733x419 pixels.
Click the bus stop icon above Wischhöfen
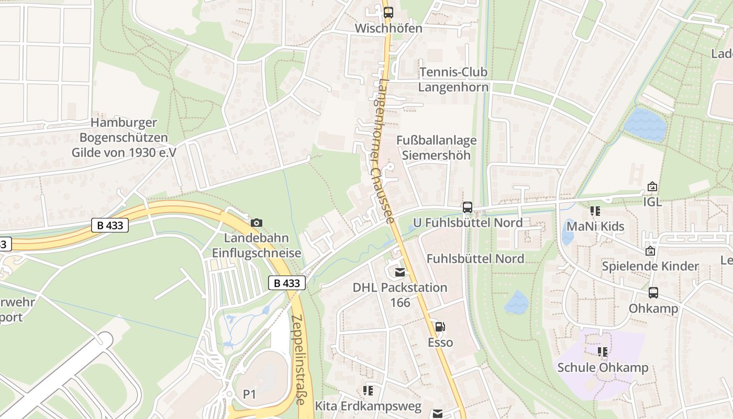pyautogui.click(x=388, y=13)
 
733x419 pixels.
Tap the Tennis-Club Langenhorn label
pyautogui.click(x=453, y=80)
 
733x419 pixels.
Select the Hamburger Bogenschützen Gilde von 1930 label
pyautogui.click(x=124, y=138)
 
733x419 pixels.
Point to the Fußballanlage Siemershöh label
pyautogui.click(x=436, y=148)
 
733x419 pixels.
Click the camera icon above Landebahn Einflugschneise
pyautogui.click(x=256, y=223)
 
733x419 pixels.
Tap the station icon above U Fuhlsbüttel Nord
pyautogui.click(x=467, y=207)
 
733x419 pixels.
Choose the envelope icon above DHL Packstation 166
pyautogui.click(x=400, y=272)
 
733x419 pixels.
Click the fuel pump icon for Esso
pyautogui.click(x=440, y=327)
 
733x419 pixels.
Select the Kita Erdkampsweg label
pyautogui.click(x=368, y=406)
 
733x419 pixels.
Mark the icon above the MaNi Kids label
pyautogui.click(x=595, y=211)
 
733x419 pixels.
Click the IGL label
pyautogui.click(x=652, y=202)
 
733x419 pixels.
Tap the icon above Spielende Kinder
pyautogui.click(x=650, y=251)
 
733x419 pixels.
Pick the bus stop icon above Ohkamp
pyautogui.click(x=653, y=293)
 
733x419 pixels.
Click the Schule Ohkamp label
pyautogui.click(x=603, y=367)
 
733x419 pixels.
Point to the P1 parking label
pyautogui.click(x=249, y=394)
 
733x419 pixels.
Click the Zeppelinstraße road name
pyautogui.click(x=298, y=360)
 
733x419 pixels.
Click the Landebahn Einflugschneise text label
pyautogui.click(x=256, y=245)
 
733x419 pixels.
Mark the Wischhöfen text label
pyautogui.click(x=388, y=28)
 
